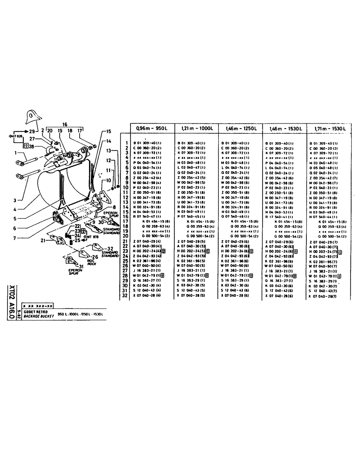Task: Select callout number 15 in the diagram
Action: pyautogui.click(x=109, y=131)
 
